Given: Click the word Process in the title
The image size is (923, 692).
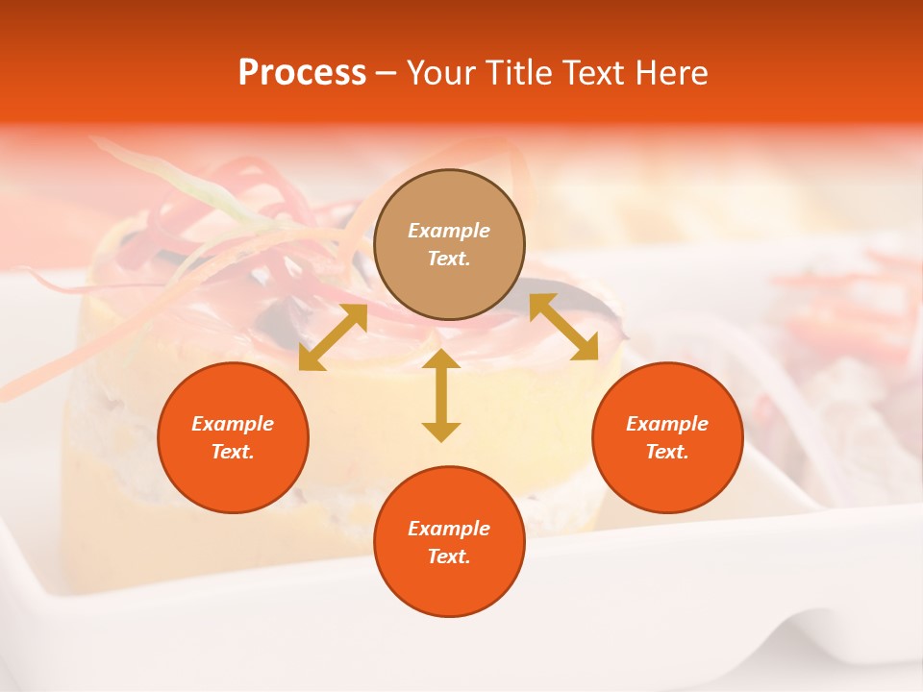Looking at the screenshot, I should [302, 73].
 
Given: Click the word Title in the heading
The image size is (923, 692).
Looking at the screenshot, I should [519, 73].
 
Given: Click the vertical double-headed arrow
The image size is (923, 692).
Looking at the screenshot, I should [441, 396].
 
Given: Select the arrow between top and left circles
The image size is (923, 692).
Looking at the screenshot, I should [333, 337].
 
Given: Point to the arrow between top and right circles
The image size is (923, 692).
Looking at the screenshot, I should [563, 328].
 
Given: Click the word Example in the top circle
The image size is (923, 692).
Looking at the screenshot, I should [449, 231].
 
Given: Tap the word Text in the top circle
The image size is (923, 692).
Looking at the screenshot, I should [448, 259].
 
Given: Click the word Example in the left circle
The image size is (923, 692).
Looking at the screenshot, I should [233, 424].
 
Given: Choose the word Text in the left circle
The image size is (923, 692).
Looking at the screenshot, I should [232, 452].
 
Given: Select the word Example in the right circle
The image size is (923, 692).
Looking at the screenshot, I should [667, 424].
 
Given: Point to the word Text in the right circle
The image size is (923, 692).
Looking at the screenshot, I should [666, 452].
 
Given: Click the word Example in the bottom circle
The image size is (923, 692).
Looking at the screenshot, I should [449, 529].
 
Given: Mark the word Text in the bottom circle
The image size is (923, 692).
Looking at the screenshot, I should [448, 556].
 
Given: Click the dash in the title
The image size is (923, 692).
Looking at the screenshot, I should [387, 74].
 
